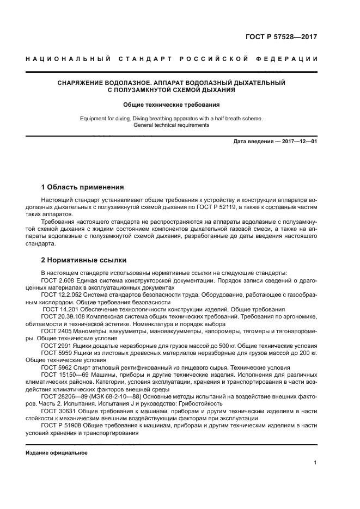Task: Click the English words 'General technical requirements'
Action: (x=171, y=125)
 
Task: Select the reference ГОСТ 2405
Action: (x=54, y=330)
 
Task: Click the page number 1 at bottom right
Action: (x=315, y=463)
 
